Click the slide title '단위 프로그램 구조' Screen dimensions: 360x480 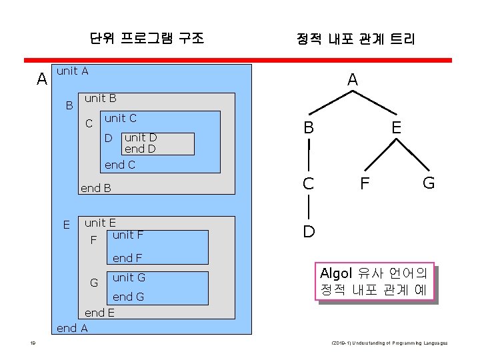coord(147,38)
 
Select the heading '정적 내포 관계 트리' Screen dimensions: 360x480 coord(355,39)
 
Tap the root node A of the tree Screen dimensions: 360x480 coord(353,79)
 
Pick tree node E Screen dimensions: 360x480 coord(396,127)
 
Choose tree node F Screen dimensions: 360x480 coord(365,183)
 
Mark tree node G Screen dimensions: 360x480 coord(429,183)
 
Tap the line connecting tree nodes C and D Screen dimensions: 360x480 coord(309,207)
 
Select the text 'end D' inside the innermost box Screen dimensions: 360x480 coord(140,149)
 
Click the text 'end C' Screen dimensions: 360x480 coord(120,165)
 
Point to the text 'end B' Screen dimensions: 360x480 coord(95,188)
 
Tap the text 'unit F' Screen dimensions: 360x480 coord(128,235)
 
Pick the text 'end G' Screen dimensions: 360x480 coord(128,297)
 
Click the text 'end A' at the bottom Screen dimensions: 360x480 coord(72,327)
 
